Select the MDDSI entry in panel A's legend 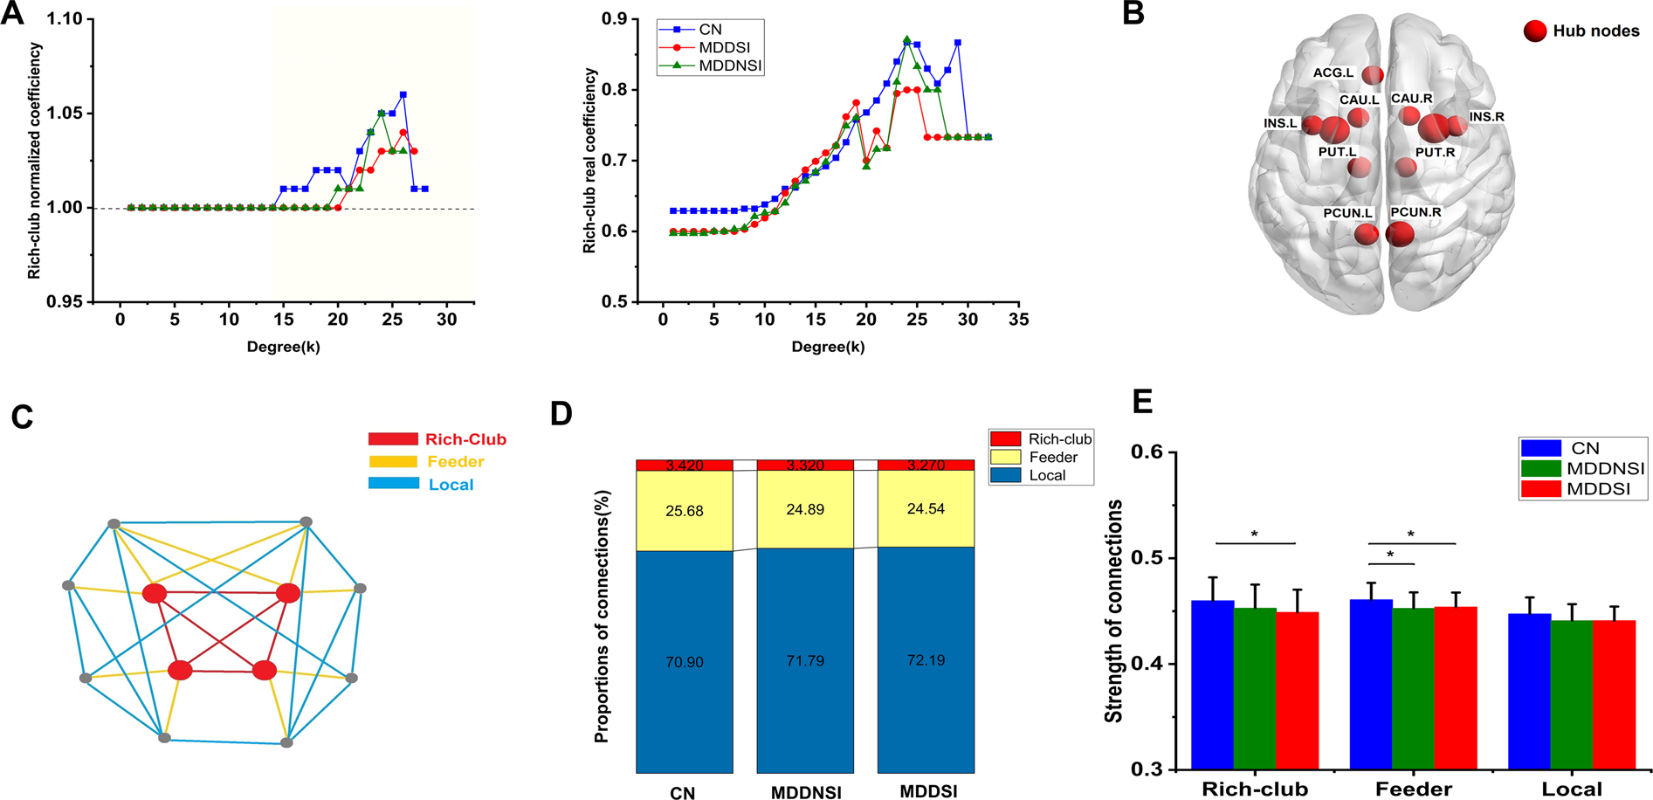pyautogui.click(x=724, y=47)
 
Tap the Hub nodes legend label pyautogui.click(x=1596, y=31)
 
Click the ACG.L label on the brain pyautogui.click(x=1333, y=73)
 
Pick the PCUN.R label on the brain pyautogui.click(x=1415, y=212)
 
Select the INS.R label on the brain pyautogui.click(x=1486, y=117)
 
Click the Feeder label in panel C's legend pyautogui.click(x=456, y=462)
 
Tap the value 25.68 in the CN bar pyautogui.click(x=685, y=511)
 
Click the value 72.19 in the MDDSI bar pyautogui.click(x=926, y=660)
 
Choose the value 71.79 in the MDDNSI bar pyautogui.click(x=805, y=661)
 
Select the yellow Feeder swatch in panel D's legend pyautogui.click(x=1005, y=457)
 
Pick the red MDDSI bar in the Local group pyautogui.click(x=1614, y=695)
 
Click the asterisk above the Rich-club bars pyautogui.click(x=1255, y=534)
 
